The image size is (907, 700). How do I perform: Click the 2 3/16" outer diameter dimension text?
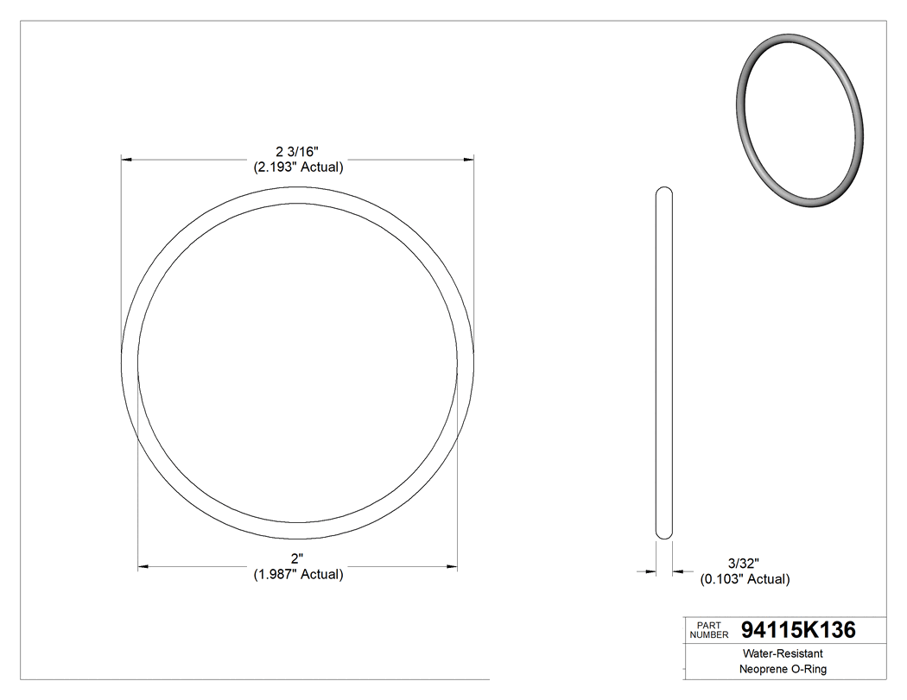pos(298,153)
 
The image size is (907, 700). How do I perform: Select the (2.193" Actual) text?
pos(298,167)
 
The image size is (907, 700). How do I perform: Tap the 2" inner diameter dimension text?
pos(298,559)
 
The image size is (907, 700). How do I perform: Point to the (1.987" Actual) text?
pos(298,574)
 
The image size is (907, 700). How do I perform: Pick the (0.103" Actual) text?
pos(744,579)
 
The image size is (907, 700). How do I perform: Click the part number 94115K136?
pos(798,630)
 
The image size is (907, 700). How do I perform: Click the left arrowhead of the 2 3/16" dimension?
pos(126,160)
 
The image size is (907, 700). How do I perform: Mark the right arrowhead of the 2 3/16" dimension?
pos(469,160)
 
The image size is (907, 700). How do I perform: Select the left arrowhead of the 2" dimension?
pos(143,567)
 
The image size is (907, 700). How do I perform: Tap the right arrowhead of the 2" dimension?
pos(452,567)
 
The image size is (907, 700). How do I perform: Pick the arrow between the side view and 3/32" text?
pos(679,571)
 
